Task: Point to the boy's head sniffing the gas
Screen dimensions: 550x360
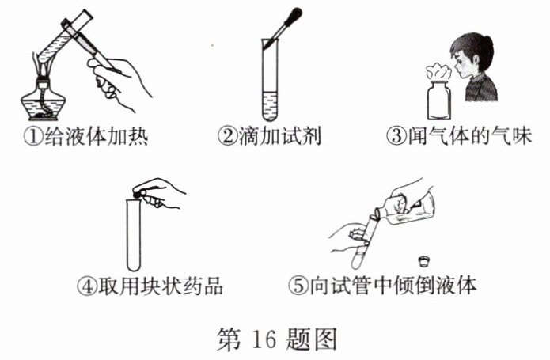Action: click(x=472, y=55)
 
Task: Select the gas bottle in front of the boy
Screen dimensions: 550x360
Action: click(x=438, y=100)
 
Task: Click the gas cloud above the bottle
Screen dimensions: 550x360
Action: click(x=438, y=72)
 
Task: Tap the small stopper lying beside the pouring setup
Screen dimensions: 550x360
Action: click(x=424, y=261)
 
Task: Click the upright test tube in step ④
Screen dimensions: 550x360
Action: click(x=134, y=234)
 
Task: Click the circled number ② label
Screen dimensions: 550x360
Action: click(x=227, y=136)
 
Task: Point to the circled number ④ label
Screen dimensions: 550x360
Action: click(x=86, y=286)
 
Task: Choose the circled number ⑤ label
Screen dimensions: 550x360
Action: click(x=298, y=286)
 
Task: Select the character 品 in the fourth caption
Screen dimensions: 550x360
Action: click(x=212, y=286)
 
